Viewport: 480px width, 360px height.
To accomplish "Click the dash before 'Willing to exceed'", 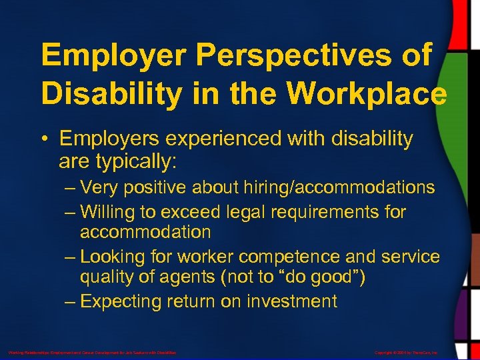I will pyautogui.click(x=71, y=212).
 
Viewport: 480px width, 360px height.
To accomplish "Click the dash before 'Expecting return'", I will pyautogui.click(x=71, y=301).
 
